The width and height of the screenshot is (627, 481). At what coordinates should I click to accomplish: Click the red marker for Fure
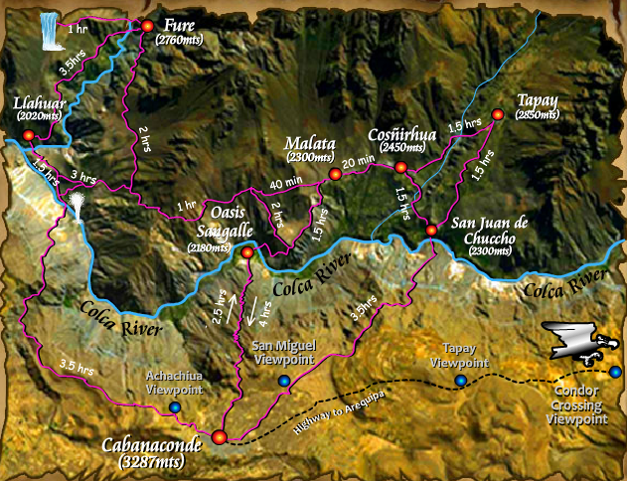click(148, 26)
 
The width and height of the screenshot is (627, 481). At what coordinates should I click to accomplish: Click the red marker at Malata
click(335, 175)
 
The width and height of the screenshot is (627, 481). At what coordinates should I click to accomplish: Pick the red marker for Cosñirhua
click(401, 167)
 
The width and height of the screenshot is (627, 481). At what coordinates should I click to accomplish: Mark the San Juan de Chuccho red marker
click(431, 231)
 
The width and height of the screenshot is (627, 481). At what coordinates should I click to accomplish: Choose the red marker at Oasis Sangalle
click(247, 253)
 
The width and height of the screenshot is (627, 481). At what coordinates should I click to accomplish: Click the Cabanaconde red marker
click(219, 434)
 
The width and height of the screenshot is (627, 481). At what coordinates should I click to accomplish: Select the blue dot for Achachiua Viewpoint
click(175, 407)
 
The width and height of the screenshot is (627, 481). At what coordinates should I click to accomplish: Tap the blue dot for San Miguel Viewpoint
click(284, 381)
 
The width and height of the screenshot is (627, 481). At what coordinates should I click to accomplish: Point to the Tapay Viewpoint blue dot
click(460, 381)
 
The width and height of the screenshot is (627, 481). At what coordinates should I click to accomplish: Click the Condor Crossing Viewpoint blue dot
click(616, 372)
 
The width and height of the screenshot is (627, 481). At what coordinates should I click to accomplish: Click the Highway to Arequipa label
click(340, 409)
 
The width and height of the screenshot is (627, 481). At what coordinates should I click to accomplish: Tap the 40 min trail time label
click(286, 182)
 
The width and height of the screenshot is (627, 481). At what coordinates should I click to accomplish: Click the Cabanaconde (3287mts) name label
click(152, 453)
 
